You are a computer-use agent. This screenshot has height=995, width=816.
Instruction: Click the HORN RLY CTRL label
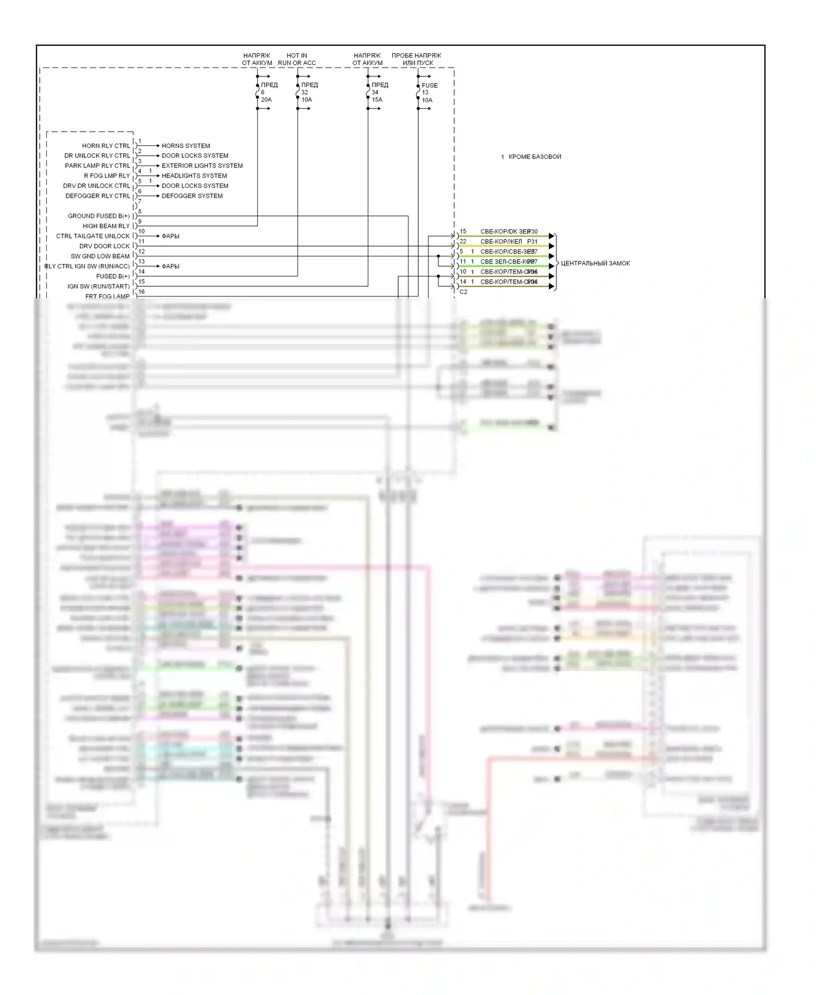106,146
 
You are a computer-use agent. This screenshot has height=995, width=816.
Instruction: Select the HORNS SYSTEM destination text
186,146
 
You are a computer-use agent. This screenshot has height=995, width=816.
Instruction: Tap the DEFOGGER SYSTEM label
192,196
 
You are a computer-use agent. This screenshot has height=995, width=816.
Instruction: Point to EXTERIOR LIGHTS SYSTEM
202,166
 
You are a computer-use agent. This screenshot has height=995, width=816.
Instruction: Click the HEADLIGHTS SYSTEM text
194,176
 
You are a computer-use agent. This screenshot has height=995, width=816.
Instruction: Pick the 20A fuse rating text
266,100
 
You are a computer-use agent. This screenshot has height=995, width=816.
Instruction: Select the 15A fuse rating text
377,100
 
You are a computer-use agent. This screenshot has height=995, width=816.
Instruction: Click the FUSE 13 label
429,89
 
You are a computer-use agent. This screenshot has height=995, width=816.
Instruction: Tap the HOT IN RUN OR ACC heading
296,59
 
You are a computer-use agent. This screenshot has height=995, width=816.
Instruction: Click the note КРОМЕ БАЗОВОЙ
534,157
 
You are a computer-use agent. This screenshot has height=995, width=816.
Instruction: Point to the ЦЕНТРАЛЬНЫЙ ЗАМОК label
595,263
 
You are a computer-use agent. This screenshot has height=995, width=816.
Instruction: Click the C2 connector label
463,292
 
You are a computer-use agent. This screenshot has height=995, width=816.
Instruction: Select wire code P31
532,242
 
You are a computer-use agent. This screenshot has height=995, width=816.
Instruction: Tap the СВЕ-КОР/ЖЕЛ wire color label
501,242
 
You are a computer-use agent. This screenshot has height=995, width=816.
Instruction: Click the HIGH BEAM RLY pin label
106,226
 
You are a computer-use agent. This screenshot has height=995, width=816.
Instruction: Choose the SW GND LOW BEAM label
100,256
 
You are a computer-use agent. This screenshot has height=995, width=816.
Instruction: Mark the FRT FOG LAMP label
107,297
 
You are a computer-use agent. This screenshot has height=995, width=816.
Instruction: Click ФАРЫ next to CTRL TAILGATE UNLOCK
170,236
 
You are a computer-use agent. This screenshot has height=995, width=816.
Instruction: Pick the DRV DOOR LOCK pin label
104,247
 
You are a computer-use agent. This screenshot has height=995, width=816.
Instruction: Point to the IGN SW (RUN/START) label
98,287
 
